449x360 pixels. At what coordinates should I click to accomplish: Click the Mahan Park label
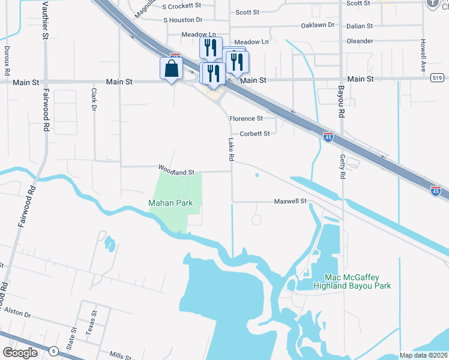(170, 203)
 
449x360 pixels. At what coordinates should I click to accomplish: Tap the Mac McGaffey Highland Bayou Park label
(352, 281)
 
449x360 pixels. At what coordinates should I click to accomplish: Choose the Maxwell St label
(291, 201)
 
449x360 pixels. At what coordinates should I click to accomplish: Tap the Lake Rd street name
(231, 150)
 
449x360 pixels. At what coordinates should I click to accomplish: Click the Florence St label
(247, 119)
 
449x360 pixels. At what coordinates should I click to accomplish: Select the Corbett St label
(255, 134)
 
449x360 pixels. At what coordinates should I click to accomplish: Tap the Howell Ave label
(423, 53)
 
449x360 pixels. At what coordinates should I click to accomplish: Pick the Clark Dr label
(94, 100)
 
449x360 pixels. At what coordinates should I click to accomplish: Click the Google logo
(20, 353)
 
